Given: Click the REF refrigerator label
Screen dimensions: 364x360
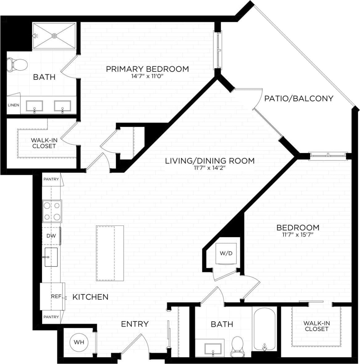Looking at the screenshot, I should pos(56,296).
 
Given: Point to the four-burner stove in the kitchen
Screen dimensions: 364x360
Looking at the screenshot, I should pos(52,211).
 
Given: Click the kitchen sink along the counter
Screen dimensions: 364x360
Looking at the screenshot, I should pos(51,257).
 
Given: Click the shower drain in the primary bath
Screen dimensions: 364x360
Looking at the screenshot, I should pos(54,36).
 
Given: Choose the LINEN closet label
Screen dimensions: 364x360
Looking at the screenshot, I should pos(13,105).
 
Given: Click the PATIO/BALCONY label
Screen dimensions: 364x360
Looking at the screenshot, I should pos(299,98).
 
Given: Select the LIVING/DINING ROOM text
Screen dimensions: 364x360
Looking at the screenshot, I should pos(210,161).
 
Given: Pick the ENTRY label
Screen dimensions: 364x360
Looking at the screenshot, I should pos(135,324).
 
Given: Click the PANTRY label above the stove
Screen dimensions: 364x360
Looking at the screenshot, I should pos(51,179).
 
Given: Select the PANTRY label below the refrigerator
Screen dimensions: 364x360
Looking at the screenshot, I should pos(51,317).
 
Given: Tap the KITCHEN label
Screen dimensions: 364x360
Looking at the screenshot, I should pos(90,297).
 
